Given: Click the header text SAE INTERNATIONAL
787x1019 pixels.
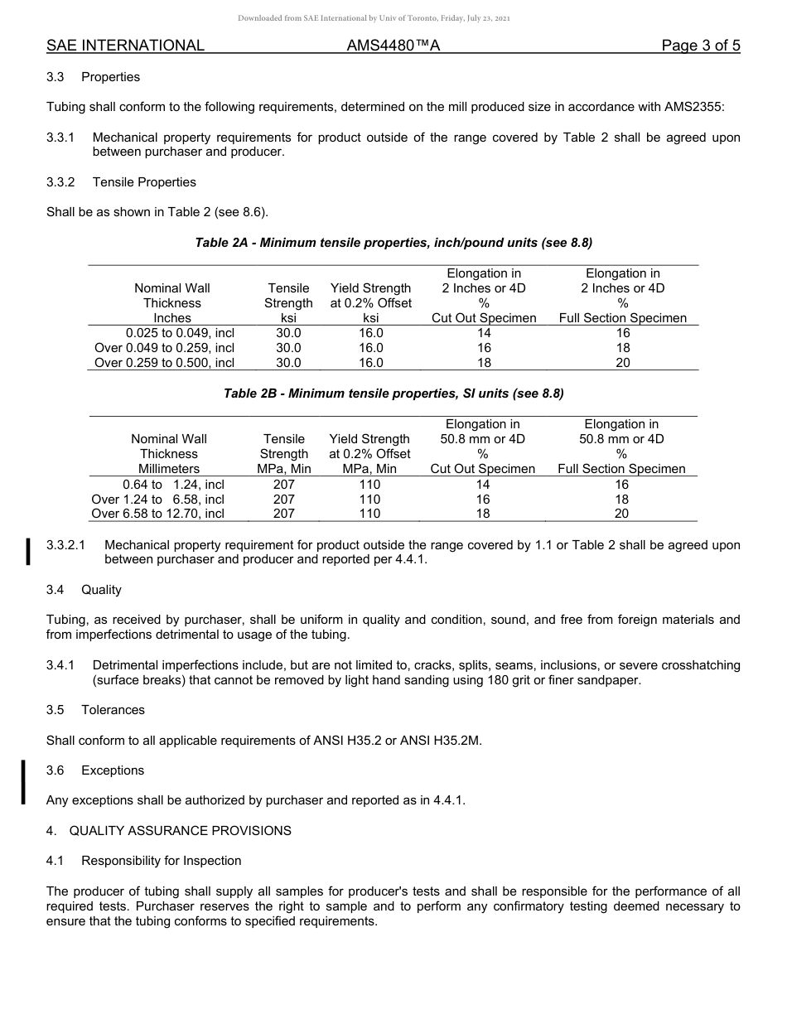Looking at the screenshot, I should click(x=125, y=46).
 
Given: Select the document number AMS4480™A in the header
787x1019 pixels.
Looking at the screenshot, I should click(x=393, y=46).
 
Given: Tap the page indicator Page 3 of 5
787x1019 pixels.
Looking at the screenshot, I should click(x=700, y=46).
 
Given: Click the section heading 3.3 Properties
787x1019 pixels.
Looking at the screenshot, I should click(x=93, y=77).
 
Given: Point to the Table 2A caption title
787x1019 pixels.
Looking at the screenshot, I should click(x=393, y=243).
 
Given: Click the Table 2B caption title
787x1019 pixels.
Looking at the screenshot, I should click(x=393, y=394).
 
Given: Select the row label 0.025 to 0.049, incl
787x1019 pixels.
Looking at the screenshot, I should click(x=180, y=333).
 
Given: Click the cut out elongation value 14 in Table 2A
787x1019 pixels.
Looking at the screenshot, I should click(x=484, y=333).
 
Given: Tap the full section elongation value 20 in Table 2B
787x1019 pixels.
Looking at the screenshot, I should click(x=621, y=514).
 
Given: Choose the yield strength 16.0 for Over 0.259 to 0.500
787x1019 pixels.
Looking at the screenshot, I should click(x=371, y=363).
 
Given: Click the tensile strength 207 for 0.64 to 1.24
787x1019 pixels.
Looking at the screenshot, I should click(x=284, y=485).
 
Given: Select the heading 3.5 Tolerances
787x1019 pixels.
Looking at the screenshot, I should click(x=95, y=710).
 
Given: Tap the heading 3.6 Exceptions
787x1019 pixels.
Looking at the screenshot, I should click(x=95, y=770).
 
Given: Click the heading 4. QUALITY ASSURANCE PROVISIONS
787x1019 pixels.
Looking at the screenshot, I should click(x=169, y=831).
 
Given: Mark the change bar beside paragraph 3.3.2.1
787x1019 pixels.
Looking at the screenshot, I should click(x=29, y=551).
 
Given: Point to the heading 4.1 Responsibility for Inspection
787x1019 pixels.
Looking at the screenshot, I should click(x=144, y=861).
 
